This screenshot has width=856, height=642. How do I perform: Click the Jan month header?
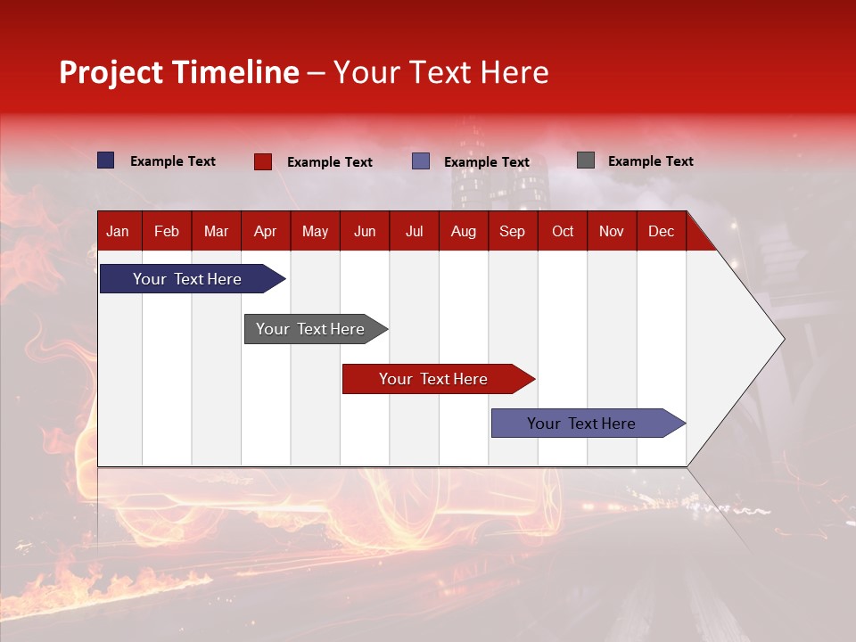tap(118, 231)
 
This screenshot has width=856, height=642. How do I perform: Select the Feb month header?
tap(167, 231)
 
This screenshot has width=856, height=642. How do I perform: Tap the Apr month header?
tap(265, 231)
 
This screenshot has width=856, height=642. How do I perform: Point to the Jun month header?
tap(365, 231)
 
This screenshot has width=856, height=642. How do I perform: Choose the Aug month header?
tap(464, 231)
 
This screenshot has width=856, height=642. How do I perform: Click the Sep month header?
tap(513, 231)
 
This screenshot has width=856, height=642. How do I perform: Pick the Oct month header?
tap(563, 231)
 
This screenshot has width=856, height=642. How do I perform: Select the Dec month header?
tap(661, 231)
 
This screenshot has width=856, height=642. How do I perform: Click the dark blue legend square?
tap(106, 160)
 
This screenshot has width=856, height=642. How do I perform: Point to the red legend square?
tap(263, 161)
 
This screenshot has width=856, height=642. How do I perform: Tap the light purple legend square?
tap(421, 161)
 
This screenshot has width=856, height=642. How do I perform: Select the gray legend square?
tap(586, 160)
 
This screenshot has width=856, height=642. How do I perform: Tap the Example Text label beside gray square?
tap(650, 161)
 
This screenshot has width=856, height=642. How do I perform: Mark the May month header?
tap(315, 231)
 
